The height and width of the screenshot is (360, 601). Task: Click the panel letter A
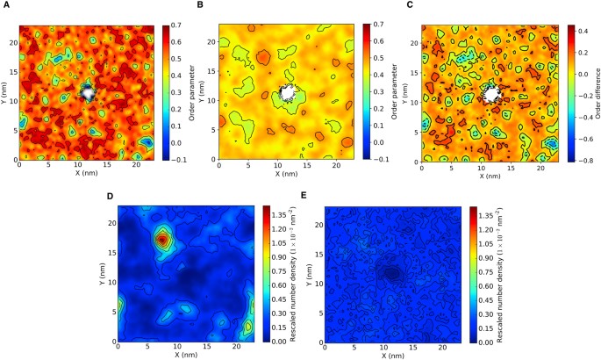pyautogui.click(x=4, y=5)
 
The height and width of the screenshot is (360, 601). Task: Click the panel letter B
pyautogui.click(x=204, y=5)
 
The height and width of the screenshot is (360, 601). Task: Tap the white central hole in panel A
pyautogui.click(x=88, y=90)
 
